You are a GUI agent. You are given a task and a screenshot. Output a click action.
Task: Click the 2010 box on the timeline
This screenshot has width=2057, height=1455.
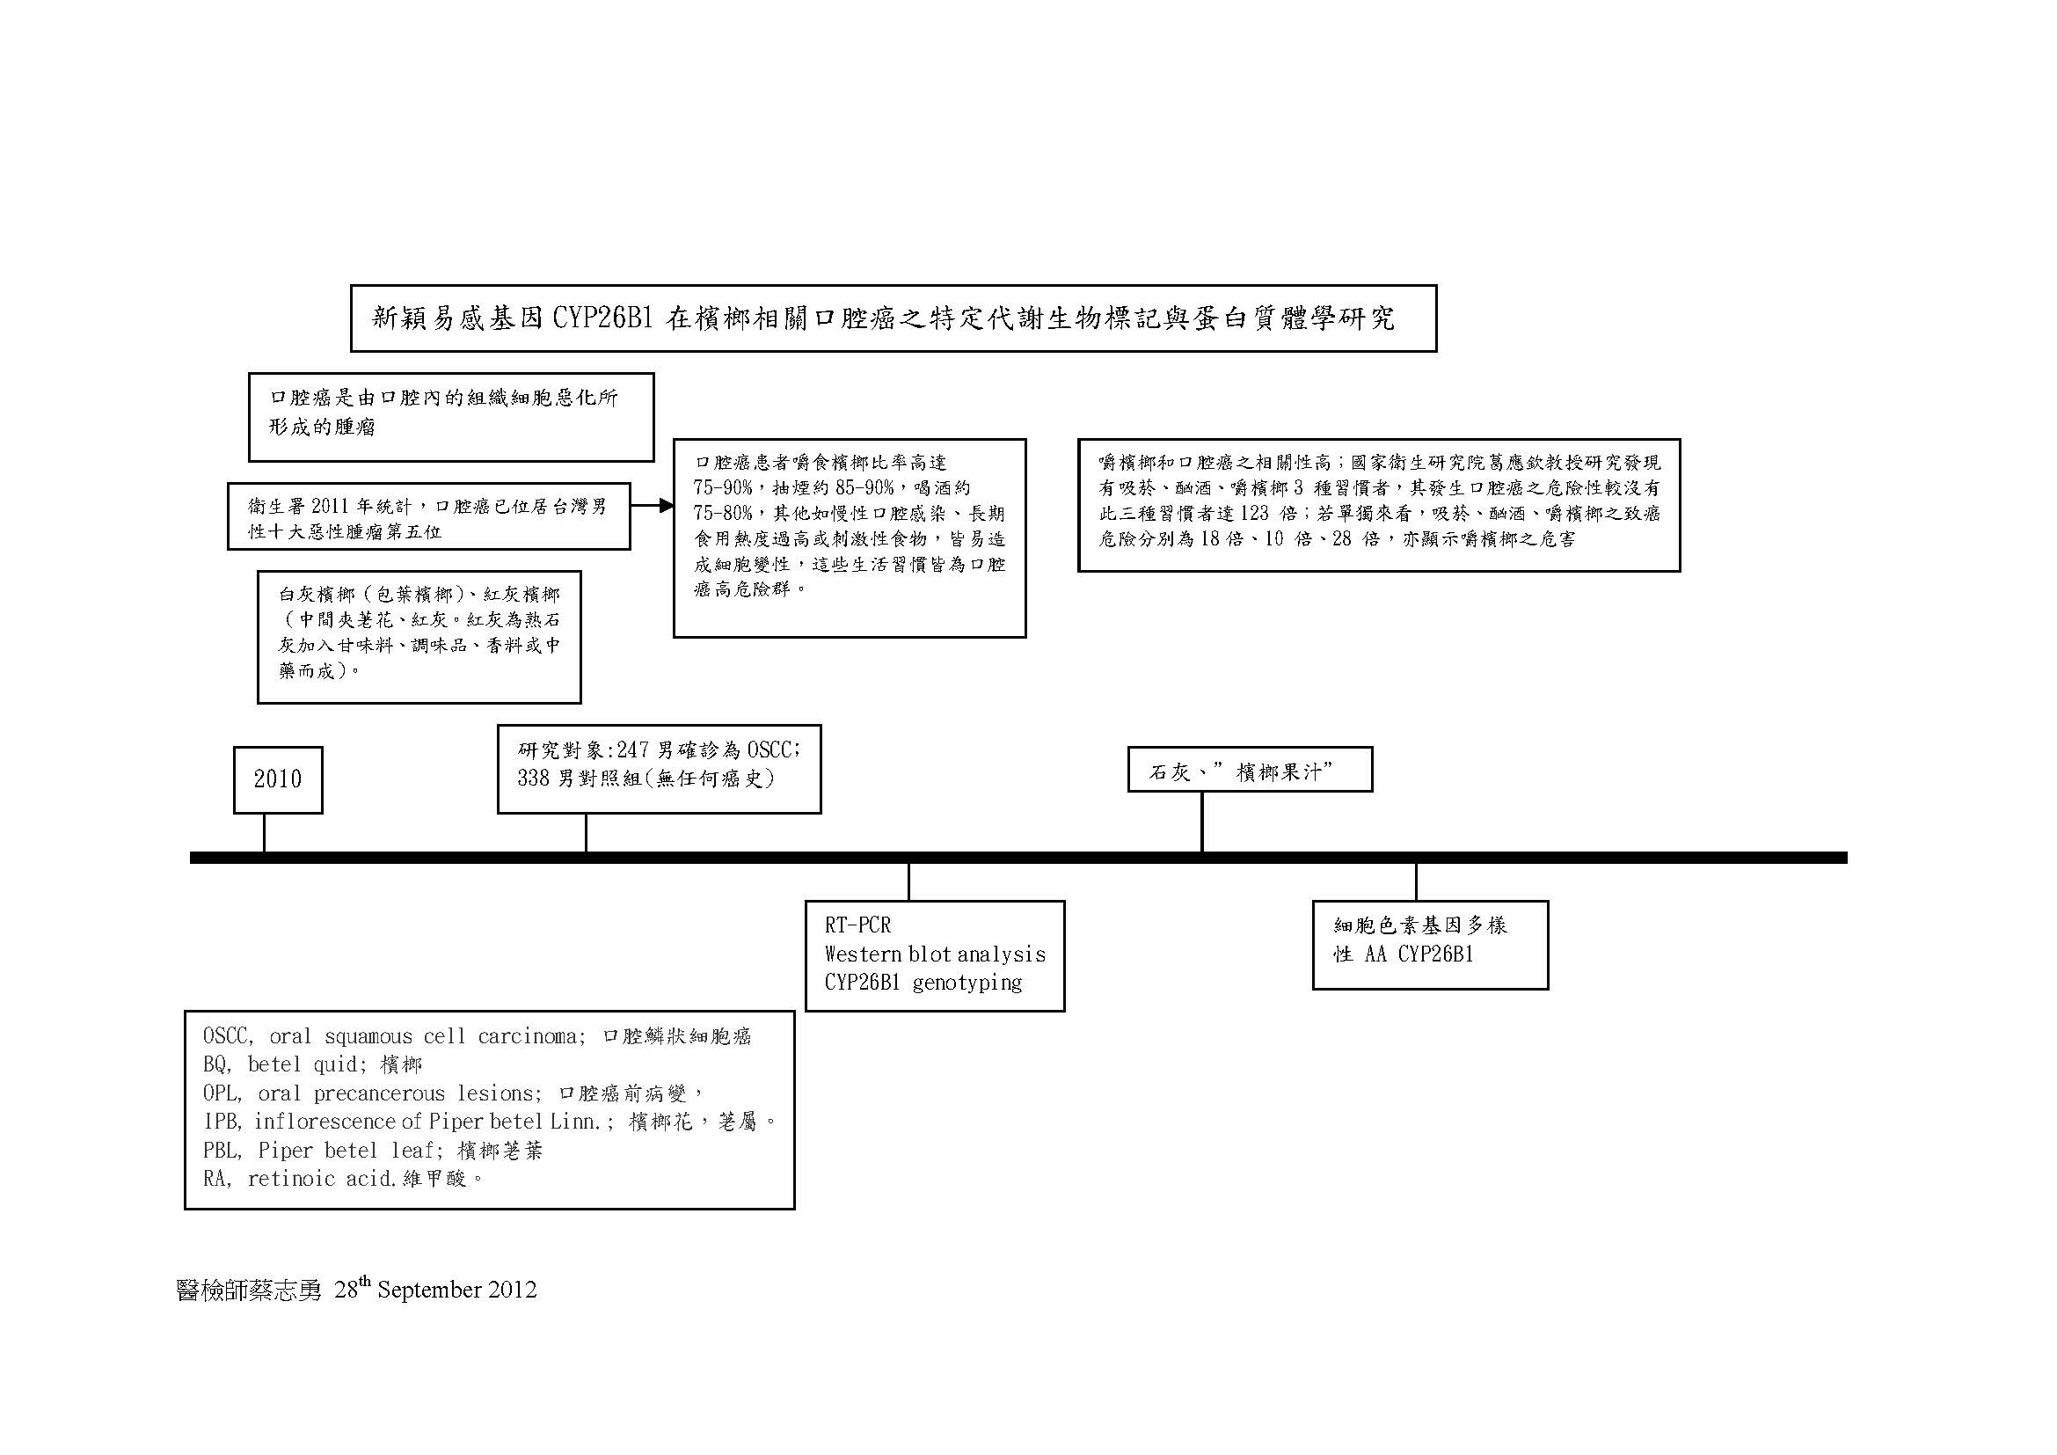tap(278, 779)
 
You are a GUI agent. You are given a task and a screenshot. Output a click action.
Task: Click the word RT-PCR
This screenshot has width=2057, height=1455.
tap(857, 925)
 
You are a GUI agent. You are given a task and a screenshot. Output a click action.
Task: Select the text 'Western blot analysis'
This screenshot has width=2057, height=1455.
tap(935, 954)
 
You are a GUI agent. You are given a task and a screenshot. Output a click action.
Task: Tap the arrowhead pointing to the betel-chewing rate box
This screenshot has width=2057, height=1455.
tap(666, 505)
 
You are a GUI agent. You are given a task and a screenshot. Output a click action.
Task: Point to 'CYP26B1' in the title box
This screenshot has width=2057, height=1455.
tap(602, 318)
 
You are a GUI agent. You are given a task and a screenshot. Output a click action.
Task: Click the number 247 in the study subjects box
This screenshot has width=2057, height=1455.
tap(634, 749)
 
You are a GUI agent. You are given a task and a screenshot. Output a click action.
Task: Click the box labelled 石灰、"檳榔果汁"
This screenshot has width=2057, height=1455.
tap(1250, 770)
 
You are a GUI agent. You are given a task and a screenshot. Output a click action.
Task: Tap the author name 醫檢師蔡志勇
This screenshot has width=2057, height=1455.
tap(249, 1290)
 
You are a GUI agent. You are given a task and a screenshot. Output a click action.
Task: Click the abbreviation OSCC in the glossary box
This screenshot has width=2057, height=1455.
tap(229, 1036)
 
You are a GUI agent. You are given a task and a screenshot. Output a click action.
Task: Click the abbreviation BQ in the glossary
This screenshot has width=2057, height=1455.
tap(217, 1065)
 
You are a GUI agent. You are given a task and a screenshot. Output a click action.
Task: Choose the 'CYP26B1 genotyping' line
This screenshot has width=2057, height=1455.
tap(923, 983)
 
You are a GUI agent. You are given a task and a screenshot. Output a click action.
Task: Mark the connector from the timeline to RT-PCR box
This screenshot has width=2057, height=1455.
tap(908, 881)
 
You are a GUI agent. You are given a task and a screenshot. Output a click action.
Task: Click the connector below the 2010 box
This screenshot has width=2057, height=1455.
tap(265, 832)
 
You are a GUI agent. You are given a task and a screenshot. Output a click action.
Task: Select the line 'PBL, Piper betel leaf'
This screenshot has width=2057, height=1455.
tap(373, 1151)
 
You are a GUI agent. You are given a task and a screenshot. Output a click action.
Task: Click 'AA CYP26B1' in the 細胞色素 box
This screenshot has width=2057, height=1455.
tap(1419, 955)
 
